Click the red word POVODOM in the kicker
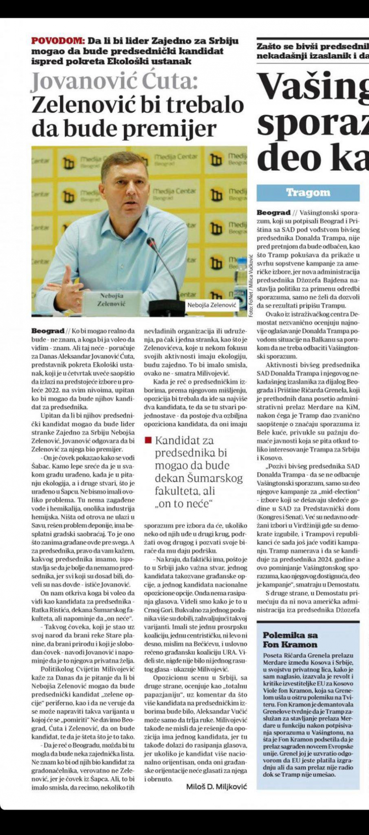(x=57, y=41)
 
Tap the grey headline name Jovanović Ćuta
(x=114, y=82)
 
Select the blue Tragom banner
(x=308, y=193)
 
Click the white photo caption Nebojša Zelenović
(x=212, y=305)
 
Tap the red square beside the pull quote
(x=148, y=440)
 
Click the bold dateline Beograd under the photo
(x=48, y=331)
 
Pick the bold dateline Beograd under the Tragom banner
(x=273, y=213)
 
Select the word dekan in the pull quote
(x=169, y=478)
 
